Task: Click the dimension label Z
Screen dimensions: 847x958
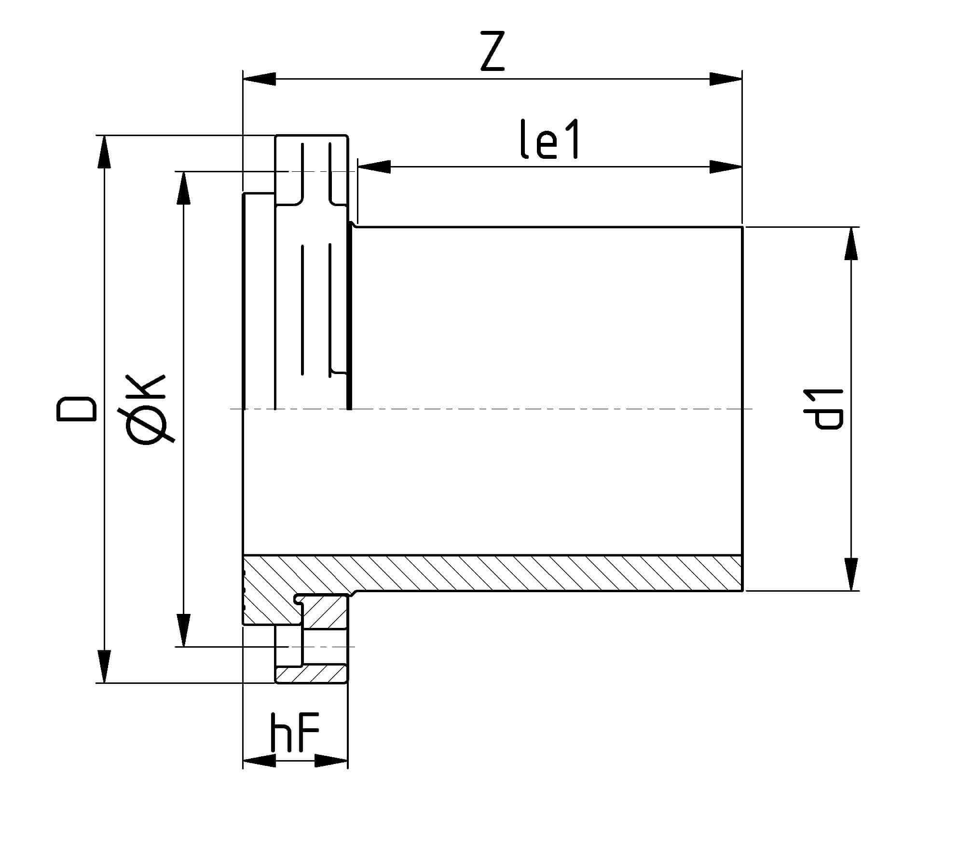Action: click(x=492, y=52)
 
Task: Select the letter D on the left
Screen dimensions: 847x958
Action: click(x=77, y=409)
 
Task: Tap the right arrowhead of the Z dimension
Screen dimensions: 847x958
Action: click(x=725, y=79)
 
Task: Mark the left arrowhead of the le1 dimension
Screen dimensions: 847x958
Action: click(x=374, y=167)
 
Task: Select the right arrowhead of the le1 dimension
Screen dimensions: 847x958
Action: click(x=725, y=167)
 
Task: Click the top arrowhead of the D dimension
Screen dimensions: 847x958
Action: click(x=104, y=153)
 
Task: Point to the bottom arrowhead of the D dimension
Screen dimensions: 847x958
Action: click(x=104, y=666)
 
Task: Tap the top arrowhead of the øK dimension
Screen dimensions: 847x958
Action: click(x=184, y=188)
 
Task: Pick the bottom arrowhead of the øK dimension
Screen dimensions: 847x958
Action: click(x=184, y=629)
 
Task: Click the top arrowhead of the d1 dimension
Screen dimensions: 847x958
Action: click(x=852, y=243)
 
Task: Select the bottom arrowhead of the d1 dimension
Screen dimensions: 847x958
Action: click(x=852, y=574)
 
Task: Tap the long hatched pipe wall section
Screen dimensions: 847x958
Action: click(x=531, y=573)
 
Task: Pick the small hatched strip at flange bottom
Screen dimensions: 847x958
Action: click(x=311, y=673)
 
